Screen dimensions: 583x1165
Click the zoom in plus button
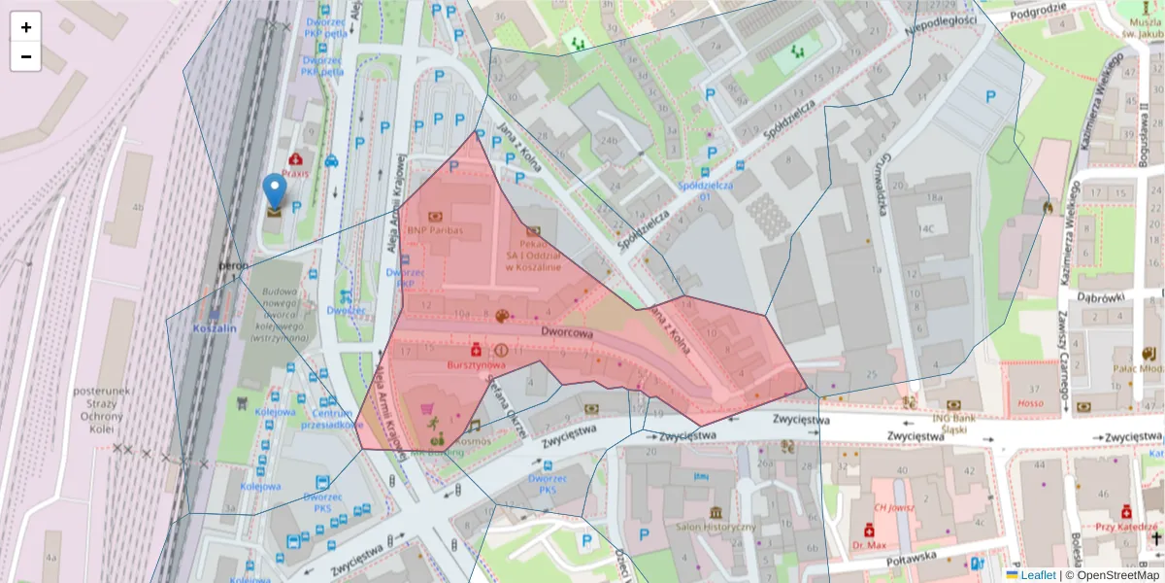click(26, 27)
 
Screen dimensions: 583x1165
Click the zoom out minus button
click(26, 56)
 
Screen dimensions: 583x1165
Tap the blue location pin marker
click(275, 192)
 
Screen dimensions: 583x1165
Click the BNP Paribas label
click(435, 230)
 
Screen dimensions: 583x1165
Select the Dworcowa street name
click(567, 332)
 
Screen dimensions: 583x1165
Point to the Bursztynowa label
click(476, 364)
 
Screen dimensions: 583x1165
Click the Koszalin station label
click(215, 328)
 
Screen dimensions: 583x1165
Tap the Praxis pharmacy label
click(295, 173)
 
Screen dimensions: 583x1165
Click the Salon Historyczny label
click(716, 527)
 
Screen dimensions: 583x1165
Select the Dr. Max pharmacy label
click(869, 545)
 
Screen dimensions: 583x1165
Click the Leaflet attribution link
click(1037, 575)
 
